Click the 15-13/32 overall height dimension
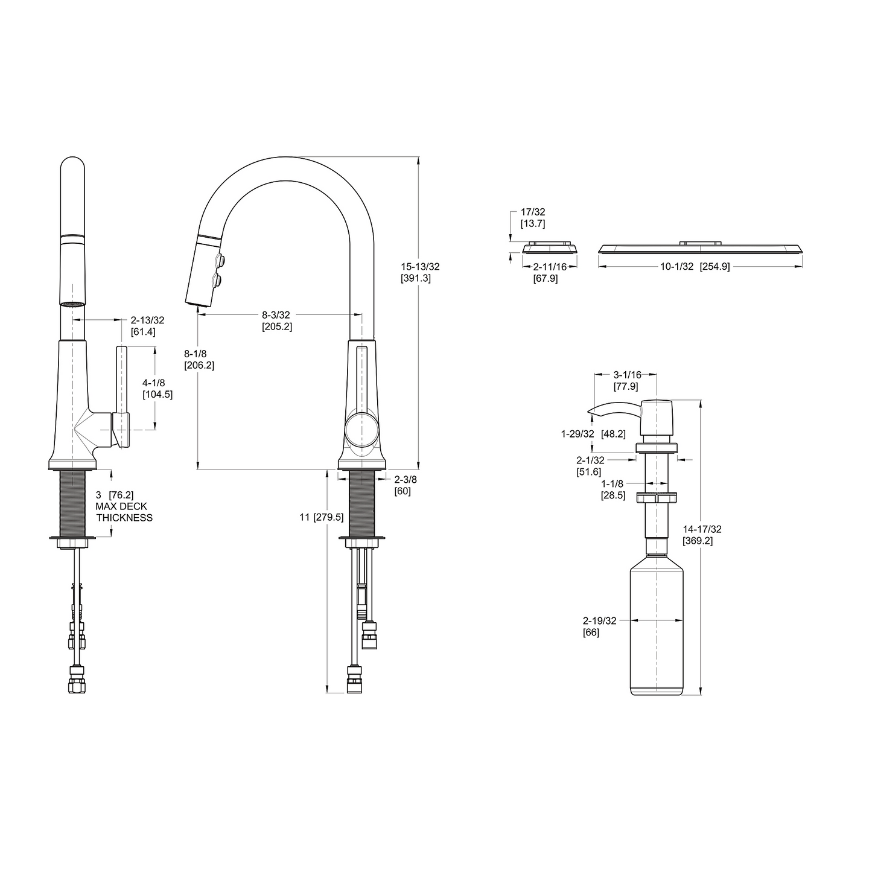[x=419, y=272]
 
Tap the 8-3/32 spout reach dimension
[x=276, y=320]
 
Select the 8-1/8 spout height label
[x=199, y=359]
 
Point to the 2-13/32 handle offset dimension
[x=147, y=326]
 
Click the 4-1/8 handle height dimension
[x=158, y=388]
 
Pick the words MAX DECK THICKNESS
[x=124, y=512]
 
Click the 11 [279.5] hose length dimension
[x=321, y=517]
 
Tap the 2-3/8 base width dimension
[x=405, y=485]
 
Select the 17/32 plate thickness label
[x=533, y=217]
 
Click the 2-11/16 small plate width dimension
[x=549, y=272]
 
